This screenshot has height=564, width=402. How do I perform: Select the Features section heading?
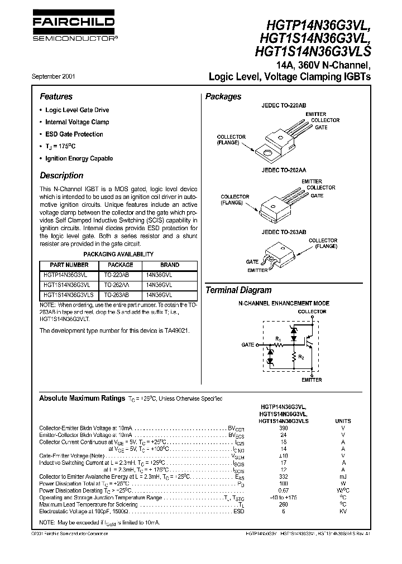click(56, 96)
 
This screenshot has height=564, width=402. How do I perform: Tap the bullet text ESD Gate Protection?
click(74, 134)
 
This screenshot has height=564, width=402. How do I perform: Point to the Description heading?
click(61, 176)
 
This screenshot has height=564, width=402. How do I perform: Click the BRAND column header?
click(170, 265)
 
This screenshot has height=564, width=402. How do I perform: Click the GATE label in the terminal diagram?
click(248, 345)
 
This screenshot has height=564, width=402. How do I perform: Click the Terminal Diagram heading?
click(238, 290)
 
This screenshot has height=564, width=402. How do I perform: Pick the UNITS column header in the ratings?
click(343, 421)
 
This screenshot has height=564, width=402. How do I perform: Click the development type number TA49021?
click(178, 330)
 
